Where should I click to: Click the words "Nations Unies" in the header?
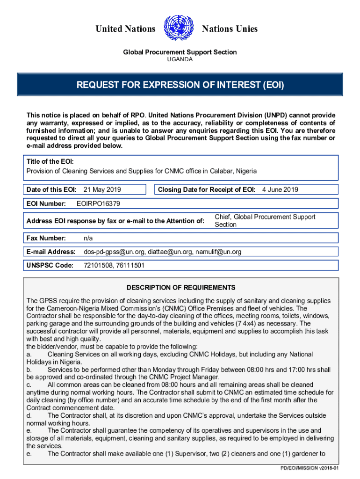pyautogui.click(x=230, y=29)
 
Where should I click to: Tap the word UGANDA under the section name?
pyautogui.click(x=180, y=59)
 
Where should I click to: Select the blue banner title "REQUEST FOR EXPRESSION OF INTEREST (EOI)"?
pyautogui.click(x=180, y=86)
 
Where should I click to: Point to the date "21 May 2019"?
pyautogui.click(x=102, y=189)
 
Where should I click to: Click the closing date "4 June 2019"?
pyautogui.click(x=280, y=189)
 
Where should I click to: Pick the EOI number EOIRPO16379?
pyautogui.click(x=98, y=203)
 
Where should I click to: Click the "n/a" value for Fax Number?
pyautogui.click(x=88, y=238)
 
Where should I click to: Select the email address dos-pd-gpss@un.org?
pyautogui.click(x=114, y=252)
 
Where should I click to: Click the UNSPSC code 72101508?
pyautogui.click(x=97, y=265)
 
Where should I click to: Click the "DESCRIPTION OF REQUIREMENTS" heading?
pyautogui.click(x=181, y=288)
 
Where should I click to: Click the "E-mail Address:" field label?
pyautogui.click(x=51, y=252)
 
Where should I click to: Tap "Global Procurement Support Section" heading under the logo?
pyautogui.click(x=180, y=52)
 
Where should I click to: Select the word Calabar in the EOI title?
pyautogui.click(x=219, y=171)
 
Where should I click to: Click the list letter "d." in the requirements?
pyautogui.click(x=29, y=415)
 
